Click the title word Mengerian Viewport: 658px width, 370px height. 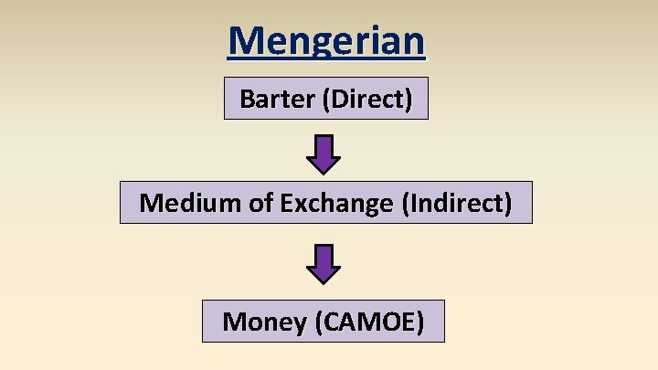(326, 41)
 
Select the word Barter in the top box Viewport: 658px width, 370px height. (277, 99)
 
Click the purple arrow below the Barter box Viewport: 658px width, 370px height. (324, 154)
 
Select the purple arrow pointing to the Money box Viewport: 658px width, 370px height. (324, 264)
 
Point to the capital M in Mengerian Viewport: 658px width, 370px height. (246, 41)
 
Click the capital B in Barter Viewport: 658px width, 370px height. (247, 99)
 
